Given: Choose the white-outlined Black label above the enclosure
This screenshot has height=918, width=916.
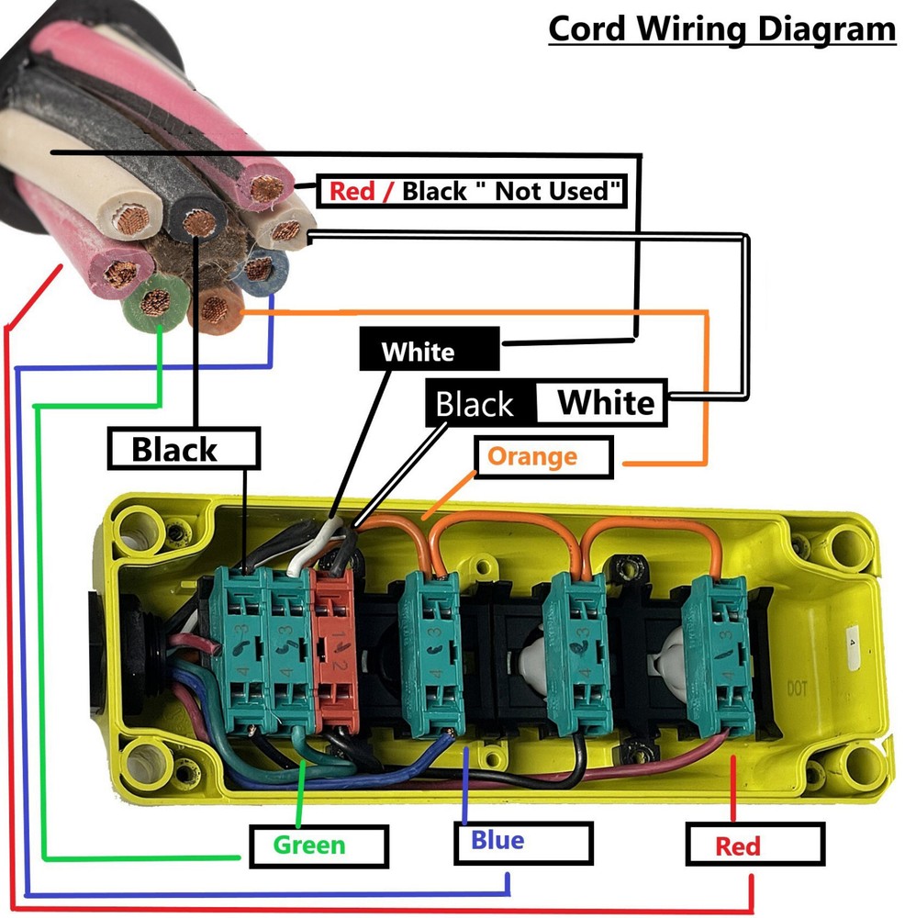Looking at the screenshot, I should [184, 450].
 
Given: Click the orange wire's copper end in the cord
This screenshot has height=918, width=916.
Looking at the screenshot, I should [217, 308].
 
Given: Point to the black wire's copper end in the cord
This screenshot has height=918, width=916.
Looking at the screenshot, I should [198, 221].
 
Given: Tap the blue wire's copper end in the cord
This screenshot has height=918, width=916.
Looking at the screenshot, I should [260, 269].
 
